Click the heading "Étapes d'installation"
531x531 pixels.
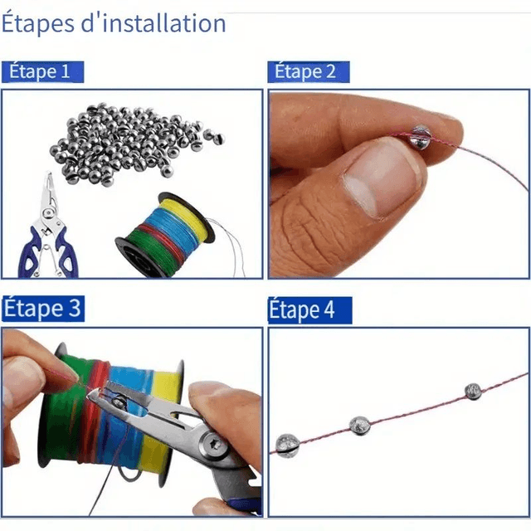tap(114, 23)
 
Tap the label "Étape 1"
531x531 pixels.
tap(39, 71)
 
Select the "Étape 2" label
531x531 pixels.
tap(304, 71)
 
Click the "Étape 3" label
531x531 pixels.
tap(42, 308)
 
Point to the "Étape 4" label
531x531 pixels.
tap(302, 309)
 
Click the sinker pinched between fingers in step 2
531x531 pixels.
tap(420, 135)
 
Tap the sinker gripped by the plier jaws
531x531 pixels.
tap(119, 402)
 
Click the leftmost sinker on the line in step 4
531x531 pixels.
tap(288, 446)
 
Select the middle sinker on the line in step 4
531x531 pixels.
tap(359, 426)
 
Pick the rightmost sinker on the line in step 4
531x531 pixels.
tap(473, 392)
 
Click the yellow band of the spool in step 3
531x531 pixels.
tap(161, 423)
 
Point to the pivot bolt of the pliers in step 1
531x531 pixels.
tap(48, 214)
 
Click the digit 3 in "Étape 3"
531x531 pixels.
tap(74, 308)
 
